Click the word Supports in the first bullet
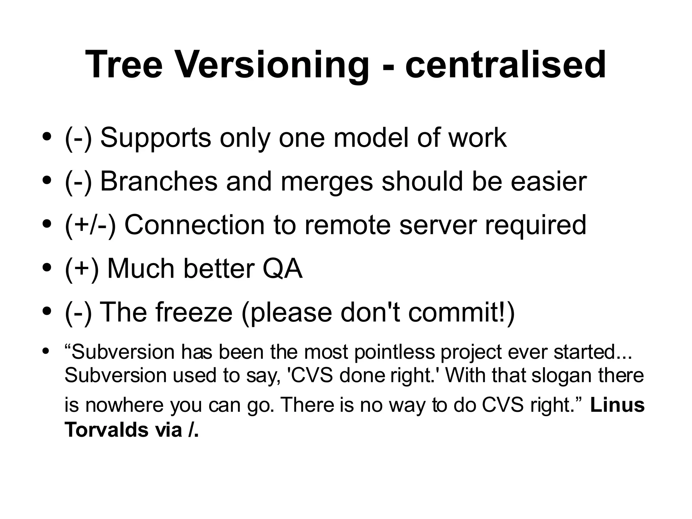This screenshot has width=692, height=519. (156, 138)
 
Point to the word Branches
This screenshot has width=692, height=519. (159, 182)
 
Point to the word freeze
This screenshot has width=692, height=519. (194, 312)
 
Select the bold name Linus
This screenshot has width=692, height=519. (617, 405)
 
